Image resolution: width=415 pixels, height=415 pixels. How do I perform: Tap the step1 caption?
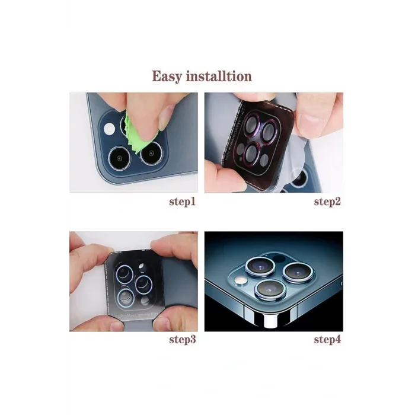coord(183,202)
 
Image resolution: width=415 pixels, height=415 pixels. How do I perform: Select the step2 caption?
coord(327,202)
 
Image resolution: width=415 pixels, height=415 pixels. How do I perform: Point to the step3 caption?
coord(183,340)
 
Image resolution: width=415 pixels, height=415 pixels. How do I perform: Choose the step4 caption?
coord(327,340)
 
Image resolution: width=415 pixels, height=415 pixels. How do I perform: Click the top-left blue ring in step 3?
coord(125,273)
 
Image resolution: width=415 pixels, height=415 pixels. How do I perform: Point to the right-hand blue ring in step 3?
coord(146,283)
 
